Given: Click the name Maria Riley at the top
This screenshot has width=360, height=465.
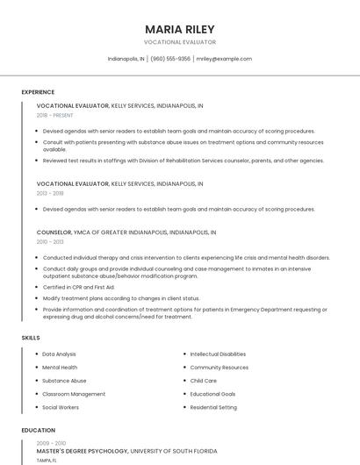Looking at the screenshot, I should point(179,29).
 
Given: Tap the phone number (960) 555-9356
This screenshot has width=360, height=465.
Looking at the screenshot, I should point(170,59).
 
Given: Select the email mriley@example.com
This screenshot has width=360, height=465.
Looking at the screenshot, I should point(224,59).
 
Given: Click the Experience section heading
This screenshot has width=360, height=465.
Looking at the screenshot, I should point(38,92).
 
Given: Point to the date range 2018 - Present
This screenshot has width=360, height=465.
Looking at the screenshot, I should point(55,115).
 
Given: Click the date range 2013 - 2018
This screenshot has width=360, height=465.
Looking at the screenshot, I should point(50,193).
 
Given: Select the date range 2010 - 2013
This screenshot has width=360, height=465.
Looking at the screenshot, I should point(50,241).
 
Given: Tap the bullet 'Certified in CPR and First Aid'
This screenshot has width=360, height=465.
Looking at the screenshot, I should point(79,287).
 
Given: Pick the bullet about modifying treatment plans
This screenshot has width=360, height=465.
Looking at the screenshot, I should point(121,298).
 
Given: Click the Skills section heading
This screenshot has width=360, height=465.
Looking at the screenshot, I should point(31,338).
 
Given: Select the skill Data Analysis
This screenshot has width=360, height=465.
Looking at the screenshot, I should point(59,354).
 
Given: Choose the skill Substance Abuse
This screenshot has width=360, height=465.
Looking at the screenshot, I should point(64,381).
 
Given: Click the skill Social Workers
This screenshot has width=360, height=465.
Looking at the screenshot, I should point(61,407).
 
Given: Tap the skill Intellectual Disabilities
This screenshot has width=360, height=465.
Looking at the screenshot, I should point(218,354).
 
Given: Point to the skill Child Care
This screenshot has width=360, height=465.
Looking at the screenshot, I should point(204,381).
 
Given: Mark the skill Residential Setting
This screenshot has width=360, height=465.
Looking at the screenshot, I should point(213,407).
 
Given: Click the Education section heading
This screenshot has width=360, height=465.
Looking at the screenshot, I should point(38,431).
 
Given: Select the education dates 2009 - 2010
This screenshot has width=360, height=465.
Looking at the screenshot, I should point(50,443).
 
